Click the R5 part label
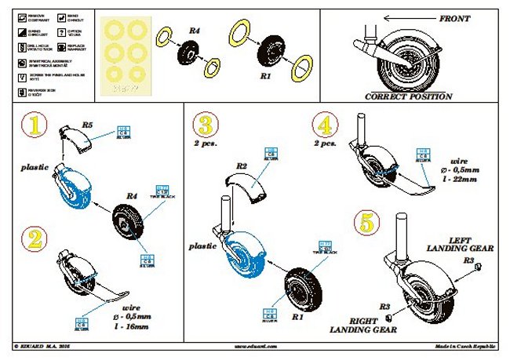tap(88, 123)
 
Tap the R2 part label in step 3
tap(242, 166)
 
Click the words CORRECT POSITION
tap(410, 96)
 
